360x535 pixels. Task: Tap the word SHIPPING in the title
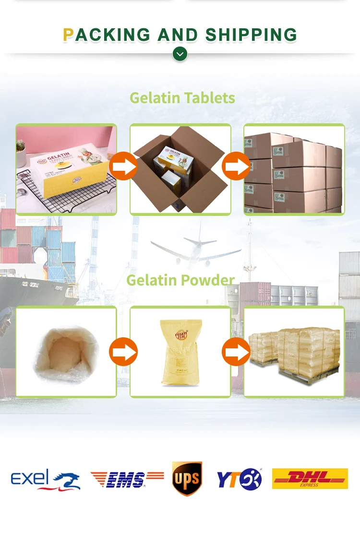[251, 35]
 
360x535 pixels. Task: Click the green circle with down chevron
[180, 54]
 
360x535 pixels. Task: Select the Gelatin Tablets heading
[182, 98]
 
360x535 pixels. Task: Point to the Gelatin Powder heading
[180, 280]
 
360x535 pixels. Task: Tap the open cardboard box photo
[180, 169]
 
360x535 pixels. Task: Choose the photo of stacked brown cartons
[294, 169]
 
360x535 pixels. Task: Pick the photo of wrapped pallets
[294, 351]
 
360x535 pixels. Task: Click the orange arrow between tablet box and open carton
[123, 166]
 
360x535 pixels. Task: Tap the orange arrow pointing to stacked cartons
[236, 166]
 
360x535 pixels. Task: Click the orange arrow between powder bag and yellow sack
[123, 352]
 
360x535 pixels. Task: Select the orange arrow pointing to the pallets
[236, 352]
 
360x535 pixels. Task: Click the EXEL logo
[46, 479]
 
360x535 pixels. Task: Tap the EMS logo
[127, 479]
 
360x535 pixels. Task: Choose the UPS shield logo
[187, 478]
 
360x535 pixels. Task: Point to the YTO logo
[239, 479]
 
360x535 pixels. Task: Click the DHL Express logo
[310, 478]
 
